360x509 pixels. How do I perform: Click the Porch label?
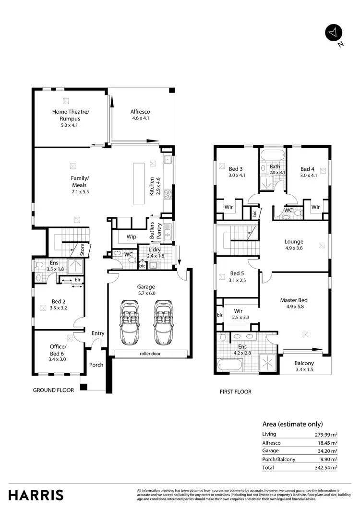tap(96, 365)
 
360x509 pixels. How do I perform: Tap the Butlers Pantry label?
tap(155, 232)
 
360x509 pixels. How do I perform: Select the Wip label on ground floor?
tap(131, 237)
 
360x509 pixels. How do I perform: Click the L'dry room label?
tap(155, 250)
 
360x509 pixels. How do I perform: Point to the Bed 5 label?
tap(237, 273)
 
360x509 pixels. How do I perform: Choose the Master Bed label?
tap(294, 300)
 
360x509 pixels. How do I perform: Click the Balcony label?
tap(304, 363)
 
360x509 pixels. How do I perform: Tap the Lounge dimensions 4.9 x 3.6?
tap(294, 249)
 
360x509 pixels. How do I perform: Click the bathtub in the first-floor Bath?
tap(272, 154)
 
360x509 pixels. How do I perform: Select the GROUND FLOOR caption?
tap(53, 391)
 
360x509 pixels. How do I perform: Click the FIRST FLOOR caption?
tap(236, 392)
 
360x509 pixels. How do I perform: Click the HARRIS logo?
tap(36, 495)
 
